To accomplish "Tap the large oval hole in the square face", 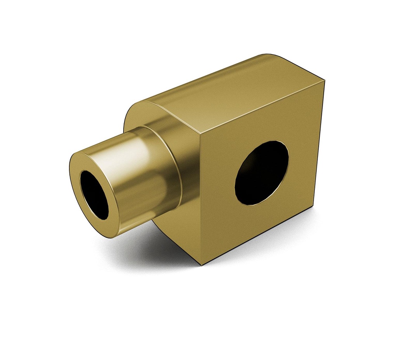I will click(262, 173).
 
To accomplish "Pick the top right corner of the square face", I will click(324, 81).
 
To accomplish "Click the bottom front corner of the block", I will click(202, 265).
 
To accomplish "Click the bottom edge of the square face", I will click(256, 237).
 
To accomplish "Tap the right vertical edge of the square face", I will click(318, 144).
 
